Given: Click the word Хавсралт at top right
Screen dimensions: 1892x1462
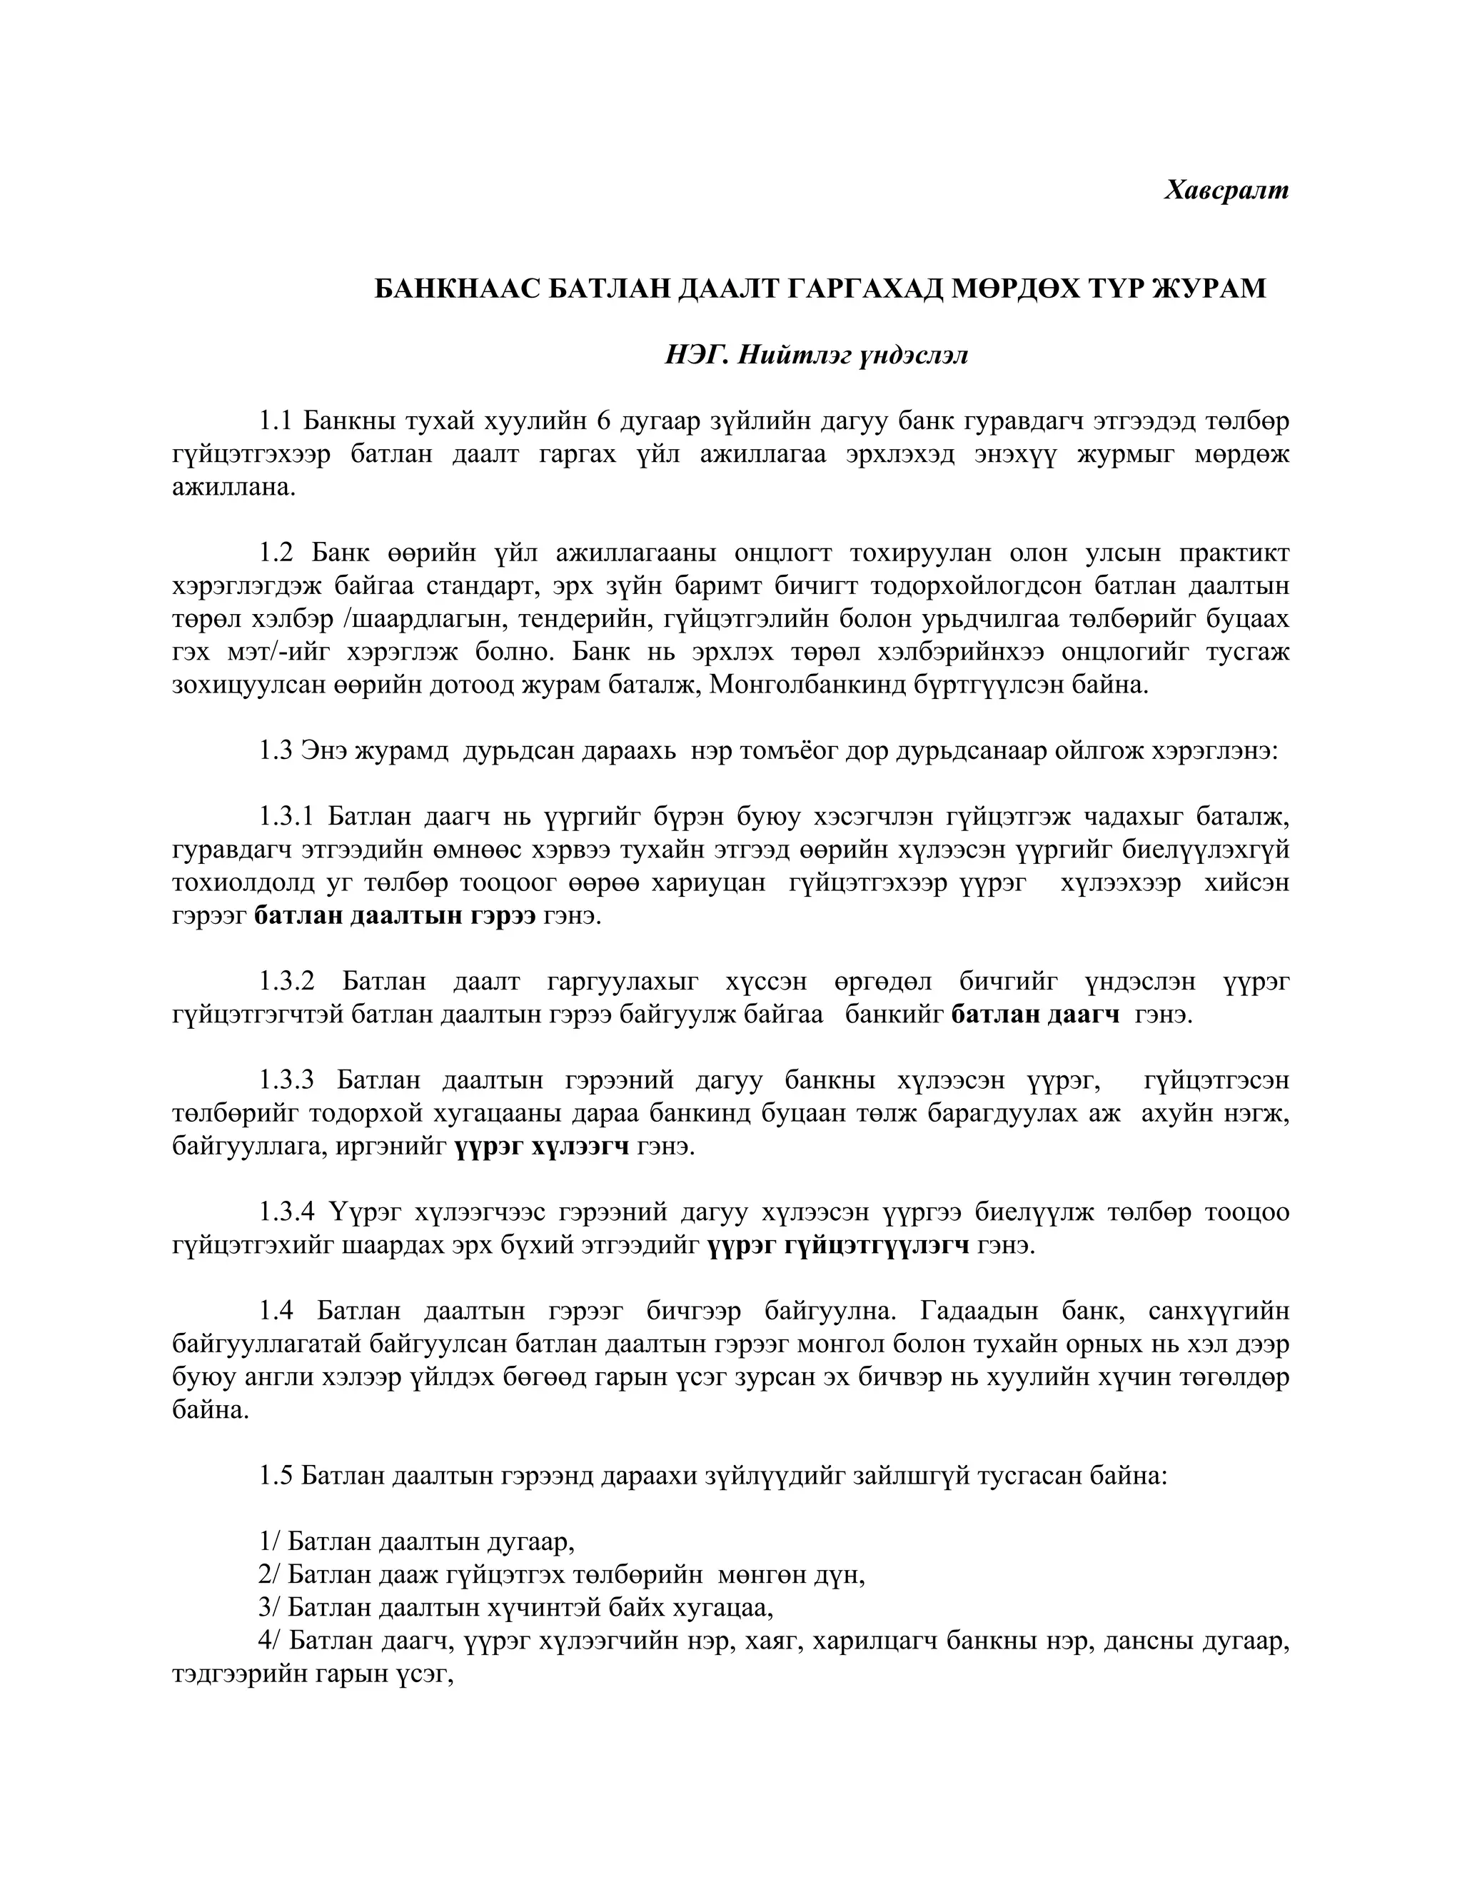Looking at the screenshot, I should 1226,190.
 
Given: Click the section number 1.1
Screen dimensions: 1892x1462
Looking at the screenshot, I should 276,422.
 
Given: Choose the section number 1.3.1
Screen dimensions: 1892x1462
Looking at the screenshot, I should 289,817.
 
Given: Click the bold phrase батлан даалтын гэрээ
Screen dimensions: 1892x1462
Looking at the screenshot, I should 395,916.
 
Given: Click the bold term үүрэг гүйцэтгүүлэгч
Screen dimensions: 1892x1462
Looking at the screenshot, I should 838,1246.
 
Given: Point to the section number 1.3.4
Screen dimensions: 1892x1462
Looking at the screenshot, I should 289,1213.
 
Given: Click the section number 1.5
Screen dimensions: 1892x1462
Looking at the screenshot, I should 276,1476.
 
